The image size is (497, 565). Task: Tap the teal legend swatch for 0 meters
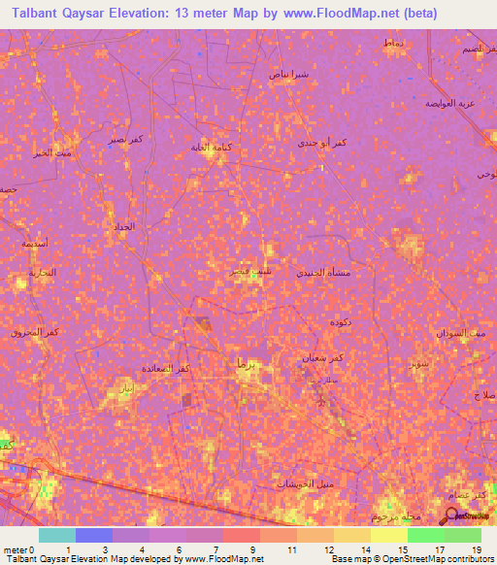tap(56, 535)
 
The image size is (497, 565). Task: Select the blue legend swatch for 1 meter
tap(93, 535)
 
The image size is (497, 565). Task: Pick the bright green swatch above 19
tap(462, 535)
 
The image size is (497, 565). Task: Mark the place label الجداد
tap(125, 226)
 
